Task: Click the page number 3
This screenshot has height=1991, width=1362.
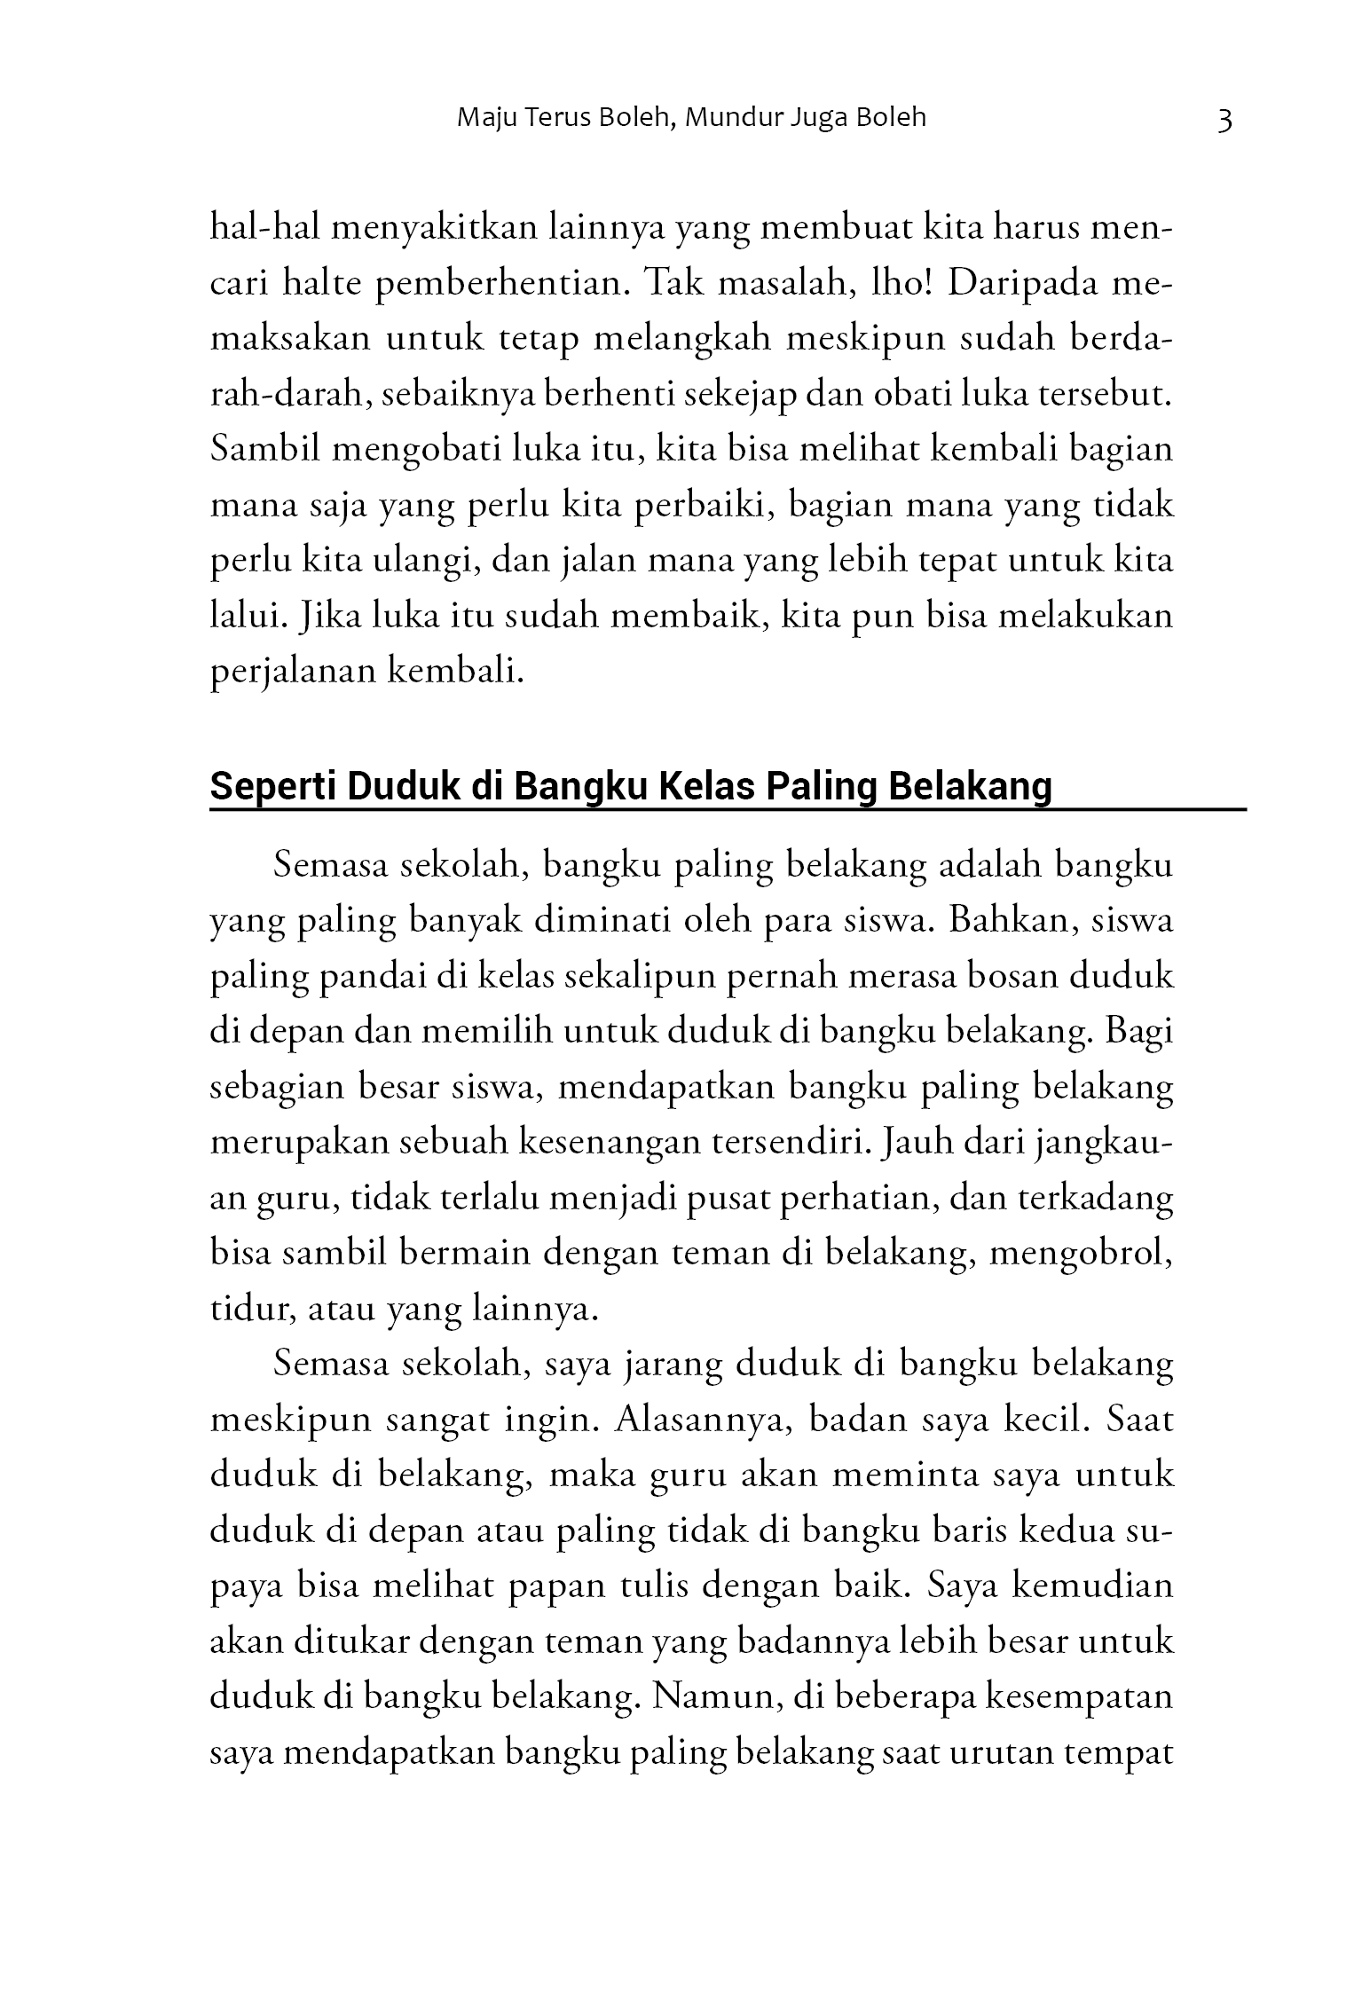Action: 1224,120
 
